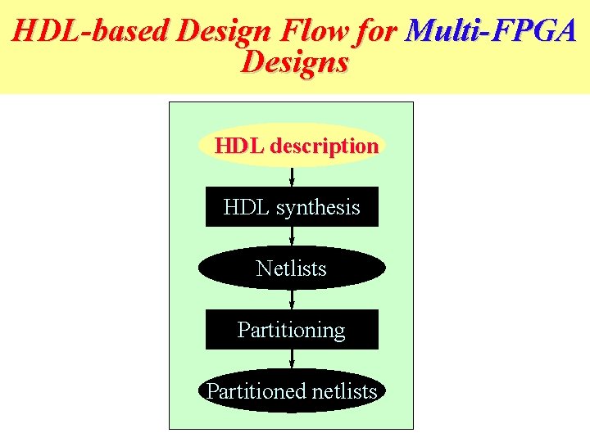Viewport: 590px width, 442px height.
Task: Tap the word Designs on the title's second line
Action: click(295, 62)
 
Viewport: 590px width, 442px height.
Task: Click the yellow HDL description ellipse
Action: click(292, 147)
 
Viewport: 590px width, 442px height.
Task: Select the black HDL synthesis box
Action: click(292, 207)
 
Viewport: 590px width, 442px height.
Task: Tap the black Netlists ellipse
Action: click(292, 268)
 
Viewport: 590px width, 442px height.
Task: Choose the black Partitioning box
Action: click(292, 330)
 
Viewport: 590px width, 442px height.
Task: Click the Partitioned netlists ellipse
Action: click(292, 391)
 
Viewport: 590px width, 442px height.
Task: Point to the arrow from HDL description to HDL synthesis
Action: click(292, 177)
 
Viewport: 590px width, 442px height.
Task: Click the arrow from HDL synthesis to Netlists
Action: click(292, 237)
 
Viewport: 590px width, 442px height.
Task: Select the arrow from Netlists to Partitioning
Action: click(292, 299)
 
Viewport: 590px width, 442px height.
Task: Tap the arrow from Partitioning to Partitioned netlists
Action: click(292, 360)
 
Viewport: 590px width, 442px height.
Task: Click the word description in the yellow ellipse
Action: click(324, 147)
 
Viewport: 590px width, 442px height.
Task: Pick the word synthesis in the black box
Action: click(318, 208)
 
